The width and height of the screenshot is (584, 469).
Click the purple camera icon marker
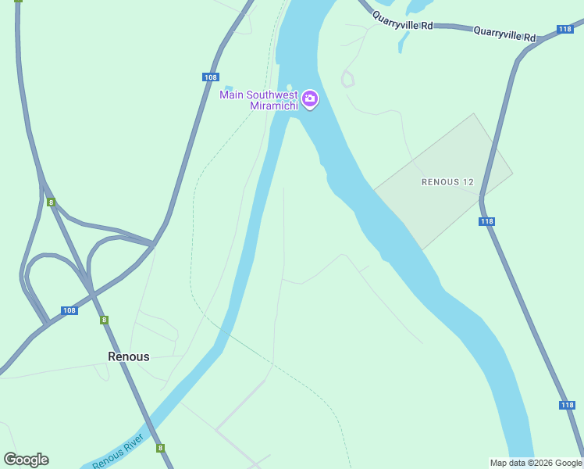(310, 99)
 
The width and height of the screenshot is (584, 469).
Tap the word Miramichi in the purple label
(273, 106)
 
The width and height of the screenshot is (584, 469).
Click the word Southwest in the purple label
(269, 95)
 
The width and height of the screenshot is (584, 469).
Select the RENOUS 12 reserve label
(447, 182)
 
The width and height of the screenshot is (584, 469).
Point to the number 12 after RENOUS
(468, 182)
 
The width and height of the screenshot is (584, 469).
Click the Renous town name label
(128, 356)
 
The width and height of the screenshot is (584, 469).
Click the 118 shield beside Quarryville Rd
(566, 29)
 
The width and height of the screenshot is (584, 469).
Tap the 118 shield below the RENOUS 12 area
(486, 222)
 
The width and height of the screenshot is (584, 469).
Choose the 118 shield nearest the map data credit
(568, 405)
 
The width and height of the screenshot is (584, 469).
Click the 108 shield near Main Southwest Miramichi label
(209, 77)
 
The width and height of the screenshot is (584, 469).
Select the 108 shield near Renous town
(69, 310)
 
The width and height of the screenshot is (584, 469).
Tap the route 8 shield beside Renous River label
(160, 448)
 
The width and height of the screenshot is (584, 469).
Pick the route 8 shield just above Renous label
(104, 320)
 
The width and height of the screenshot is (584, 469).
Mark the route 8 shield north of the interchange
(51, 202)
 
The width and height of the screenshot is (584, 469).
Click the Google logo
(26, 460)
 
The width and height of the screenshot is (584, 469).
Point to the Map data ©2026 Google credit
(536, 463)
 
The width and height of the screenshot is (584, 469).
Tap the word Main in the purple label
(232, 95)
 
